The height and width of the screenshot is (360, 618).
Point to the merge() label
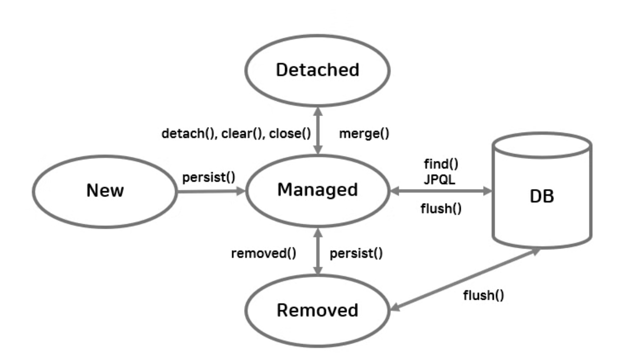tap(364, 134)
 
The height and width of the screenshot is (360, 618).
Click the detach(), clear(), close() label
tap(236, 134)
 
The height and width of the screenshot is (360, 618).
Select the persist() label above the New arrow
tap(209, 177)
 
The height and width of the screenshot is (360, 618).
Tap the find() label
tap(441, 164)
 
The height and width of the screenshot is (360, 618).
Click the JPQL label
tap(439, 180)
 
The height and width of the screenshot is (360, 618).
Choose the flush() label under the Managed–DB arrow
tap(441, 208)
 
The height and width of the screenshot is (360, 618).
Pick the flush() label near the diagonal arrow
tap(483, 295)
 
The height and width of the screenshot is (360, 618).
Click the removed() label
tap(263, 253)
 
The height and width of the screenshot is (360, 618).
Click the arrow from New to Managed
tap(211, 191)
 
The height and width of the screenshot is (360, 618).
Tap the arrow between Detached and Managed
tap(318, 130)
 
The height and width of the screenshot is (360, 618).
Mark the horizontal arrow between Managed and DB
tap(441, 191)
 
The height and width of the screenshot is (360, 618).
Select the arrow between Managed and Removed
tap(318, 251)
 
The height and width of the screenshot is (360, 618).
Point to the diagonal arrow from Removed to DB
tap(465, 280)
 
